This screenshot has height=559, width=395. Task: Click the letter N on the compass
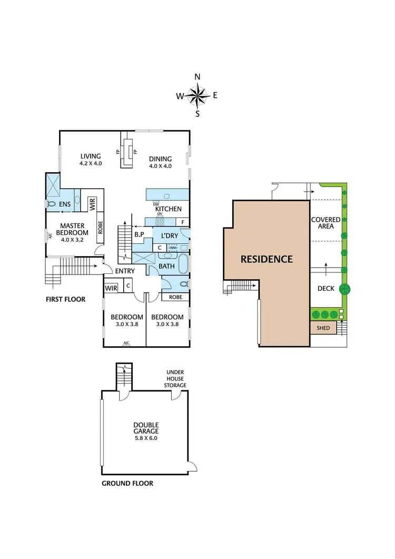coord(197,77)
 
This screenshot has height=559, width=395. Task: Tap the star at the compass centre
coord(197,95)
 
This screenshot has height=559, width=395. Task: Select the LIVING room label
coord(91,156)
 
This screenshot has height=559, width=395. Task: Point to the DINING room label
coord(160,159)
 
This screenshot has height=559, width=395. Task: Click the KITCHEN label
coord(168,209)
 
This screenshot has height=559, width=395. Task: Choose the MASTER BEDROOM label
coord(72,229)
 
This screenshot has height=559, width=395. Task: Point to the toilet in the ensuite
coord(52,203)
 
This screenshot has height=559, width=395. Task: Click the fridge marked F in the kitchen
coord(182,222)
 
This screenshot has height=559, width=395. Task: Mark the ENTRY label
coord(126,271)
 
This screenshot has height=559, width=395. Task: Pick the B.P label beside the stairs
coord(140,234)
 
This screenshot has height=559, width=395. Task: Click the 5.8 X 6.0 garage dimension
coord(146,438)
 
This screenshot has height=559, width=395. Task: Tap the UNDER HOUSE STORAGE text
coord(175,379)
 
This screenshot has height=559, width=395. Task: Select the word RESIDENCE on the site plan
coord(266,259)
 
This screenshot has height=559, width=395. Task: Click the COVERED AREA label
coord(323,223)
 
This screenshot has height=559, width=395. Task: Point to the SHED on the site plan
coord(323,328)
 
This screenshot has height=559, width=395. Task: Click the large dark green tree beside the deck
coord(345,289)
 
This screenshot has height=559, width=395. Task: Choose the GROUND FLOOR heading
coord(127,483)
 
